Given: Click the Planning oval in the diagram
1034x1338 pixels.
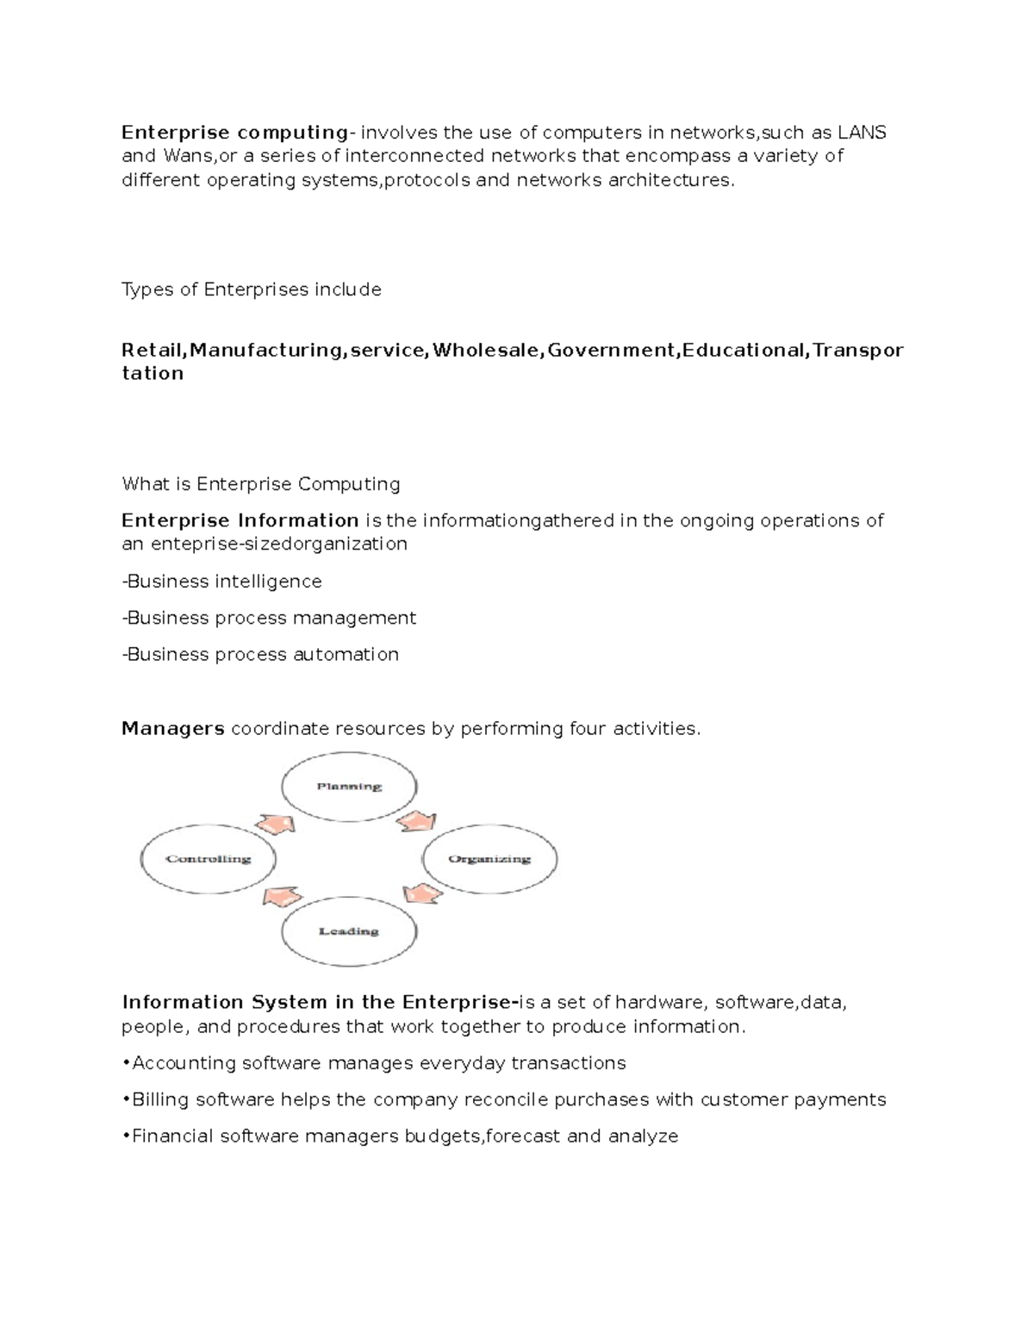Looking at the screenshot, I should click(349, 787).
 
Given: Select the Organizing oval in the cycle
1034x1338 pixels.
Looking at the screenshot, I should click(489, 859).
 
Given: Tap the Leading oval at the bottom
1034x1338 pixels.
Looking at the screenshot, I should click(349, 931).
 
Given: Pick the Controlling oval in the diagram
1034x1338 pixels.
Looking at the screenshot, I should click(209, 859).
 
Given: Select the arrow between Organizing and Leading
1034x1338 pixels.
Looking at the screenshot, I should click(422, 893).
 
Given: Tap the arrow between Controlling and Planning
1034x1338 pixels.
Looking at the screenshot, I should click(275, 824).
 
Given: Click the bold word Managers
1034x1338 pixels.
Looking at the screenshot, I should click(173, 729).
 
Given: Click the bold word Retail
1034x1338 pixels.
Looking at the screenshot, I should click(152, 350).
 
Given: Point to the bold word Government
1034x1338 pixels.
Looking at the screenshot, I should click(613, 350).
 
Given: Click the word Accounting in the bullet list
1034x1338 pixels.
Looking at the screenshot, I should click(184, 1063).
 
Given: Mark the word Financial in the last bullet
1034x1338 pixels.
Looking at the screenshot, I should click(172, 1136).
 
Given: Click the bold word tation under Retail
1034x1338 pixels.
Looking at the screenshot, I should click(153, 373).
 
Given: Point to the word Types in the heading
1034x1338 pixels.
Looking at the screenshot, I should click(147, 289).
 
